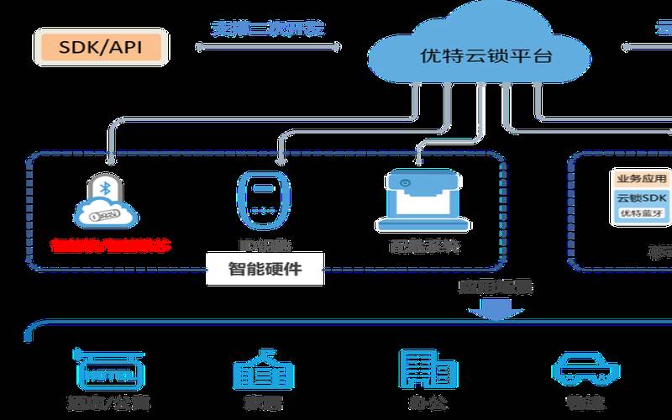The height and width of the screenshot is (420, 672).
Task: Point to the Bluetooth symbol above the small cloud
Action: point(105,187)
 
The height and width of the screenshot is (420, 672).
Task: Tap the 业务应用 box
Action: point(641,179)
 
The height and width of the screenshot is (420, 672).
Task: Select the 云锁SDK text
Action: point(642,197)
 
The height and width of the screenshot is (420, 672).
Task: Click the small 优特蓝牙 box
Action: point(641,213)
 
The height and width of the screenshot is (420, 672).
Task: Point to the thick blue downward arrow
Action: point(489,312)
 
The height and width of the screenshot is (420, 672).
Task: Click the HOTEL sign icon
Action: point(109,368)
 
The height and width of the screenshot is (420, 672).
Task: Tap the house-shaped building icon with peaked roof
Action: point(263,368)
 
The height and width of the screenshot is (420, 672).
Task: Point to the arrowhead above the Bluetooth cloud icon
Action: point(108,156)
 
